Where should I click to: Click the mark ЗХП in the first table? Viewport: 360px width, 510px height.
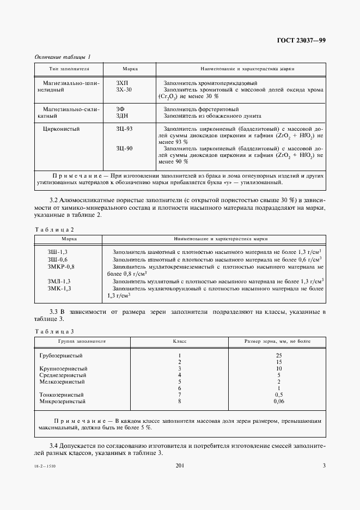coord(123,82)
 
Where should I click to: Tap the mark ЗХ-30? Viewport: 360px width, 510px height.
coord(124,89)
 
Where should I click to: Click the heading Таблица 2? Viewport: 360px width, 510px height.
coord(54,230)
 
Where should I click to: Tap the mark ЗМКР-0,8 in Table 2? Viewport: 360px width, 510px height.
coord(61,266)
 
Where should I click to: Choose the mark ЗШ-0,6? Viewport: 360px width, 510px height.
coord(58,259)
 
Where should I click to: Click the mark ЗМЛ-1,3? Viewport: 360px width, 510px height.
coord(59,281)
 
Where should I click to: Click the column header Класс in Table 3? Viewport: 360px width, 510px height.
coord(180,341)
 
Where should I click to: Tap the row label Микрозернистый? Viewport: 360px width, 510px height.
coord(63,401)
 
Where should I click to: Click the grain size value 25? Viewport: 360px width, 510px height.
coord(278,355)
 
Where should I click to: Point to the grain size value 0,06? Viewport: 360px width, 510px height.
coord(278,401)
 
